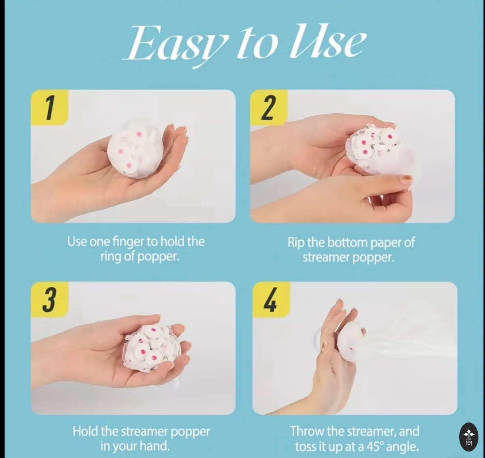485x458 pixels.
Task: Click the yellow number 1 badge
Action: pyautogui.click(x=50, y=107)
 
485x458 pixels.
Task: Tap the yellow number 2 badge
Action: pyautogui.click(x=269, y=107)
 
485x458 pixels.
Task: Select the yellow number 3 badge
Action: pyautogui.click(x=50, y=299)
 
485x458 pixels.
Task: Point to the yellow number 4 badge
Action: pyautogui.click(x=271, y=299)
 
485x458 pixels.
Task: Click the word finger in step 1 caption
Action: pyautogui.click(x=128, y=242)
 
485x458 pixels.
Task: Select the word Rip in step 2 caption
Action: pyautogui.click(x=296, y=242)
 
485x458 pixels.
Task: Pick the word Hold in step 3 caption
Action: pyautogui.click(x=85, y=431)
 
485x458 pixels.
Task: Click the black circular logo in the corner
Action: pyautogui.click(x=469, y=440)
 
